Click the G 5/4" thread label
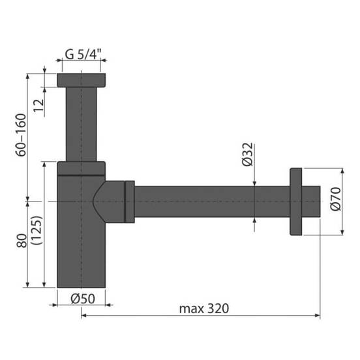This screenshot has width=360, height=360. click(x=83, y=54)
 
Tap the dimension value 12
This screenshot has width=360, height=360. click(x=38, y=106)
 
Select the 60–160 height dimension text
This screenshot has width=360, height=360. click(x=21, y=135)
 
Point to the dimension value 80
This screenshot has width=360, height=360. click(x=22, y=241)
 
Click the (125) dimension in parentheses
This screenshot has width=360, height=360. click(x=37, y=230)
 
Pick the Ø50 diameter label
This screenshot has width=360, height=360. click(x=83, y=299)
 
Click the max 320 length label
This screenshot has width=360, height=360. click(x=204, y=308)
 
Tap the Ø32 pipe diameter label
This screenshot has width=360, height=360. click(x=248, y=155)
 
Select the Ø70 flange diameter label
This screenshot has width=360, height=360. click(x=336, y=199)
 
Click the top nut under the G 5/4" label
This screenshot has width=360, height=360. click(x=82, y=80)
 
